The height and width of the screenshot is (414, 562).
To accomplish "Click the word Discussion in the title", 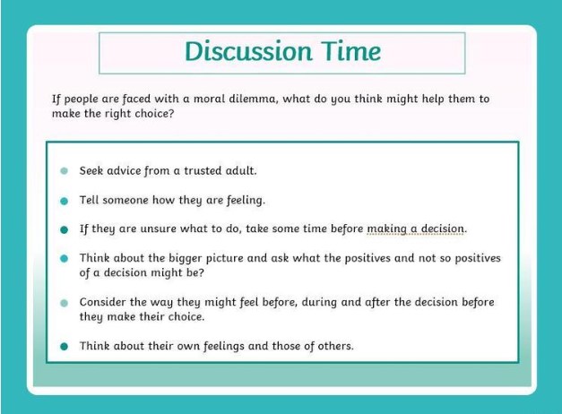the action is pos(248,51).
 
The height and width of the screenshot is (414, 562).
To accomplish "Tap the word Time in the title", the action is pos(350,51).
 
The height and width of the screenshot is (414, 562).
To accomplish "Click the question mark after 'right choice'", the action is pos(170,113).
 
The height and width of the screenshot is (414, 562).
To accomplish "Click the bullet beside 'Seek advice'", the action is pos(65,171).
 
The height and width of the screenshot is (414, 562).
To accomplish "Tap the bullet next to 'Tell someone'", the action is pos(65,201).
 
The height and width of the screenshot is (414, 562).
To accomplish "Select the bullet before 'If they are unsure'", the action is pos(65,229).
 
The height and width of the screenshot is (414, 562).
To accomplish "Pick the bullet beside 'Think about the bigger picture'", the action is pos(65,258).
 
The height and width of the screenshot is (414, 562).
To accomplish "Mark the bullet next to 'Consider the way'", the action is pos(65,303).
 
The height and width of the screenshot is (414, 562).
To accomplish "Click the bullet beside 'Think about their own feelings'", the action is pos(65,347).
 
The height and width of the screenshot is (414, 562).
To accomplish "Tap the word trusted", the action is pos(203,170).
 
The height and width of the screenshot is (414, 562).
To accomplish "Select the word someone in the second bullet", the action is pos(125,200).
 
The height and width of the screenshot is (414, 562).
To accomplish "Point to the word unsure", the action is pos(158,229).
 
